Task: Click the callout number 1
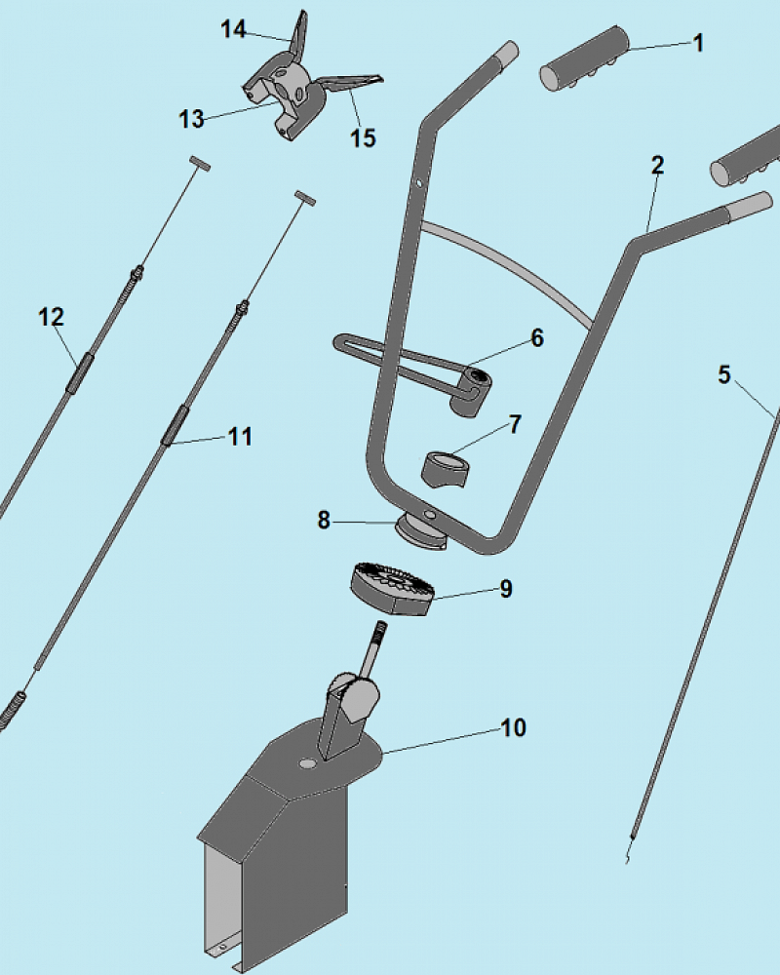698,43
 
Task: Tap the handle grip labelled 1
584,58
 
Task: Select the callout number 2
657,165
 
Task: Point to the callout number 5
724,374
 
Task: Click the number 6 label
537,337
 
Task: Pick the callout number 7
515,425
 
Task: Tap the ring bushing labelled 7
446,471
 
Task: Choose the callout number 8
324,520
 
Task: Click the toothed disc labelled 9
392,589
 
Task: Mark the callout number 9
506,588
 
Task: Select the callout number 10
514,727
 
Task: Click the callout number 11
240,437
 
